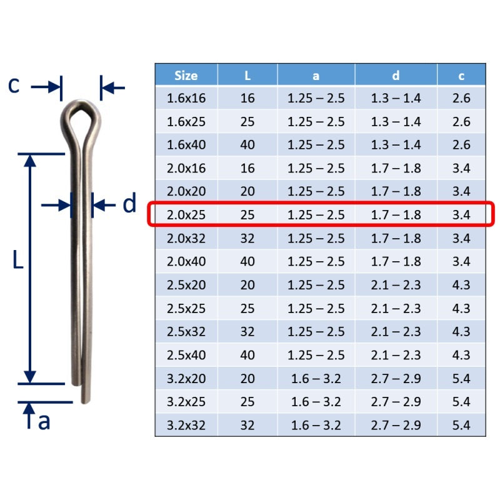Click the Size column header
[x=186, y=76]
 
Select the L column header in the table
[x=247, y=76]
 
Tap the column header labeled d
[x=396, y=76]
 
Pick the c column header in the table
[x=461, y=76]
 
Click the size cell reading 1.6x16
[x=186, y=98]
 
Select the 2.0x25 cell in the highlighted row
[x=186, y=215]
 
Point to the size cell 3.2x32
[x=186, y=426]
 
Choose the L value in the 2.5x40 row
[x=247, y=355]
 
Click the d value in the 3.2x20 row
[x=396, y=379]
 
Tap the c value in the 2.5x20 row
[x=461, y=285]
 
